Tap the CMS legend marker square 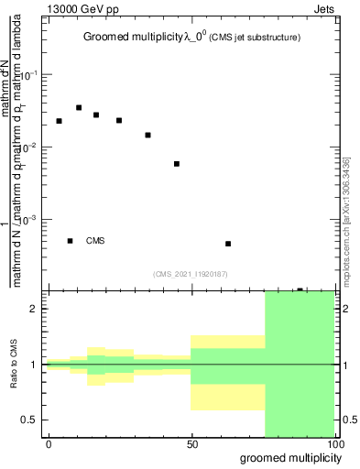point(70,241)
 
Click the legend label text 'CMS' point(95,241)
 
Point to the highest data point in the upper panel point(79,108)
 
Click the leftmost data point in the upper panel point(59,121)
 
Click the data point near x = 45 point(176,164)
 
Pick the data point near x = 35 point(147,135)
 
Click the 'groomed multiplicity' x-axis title point(286,456)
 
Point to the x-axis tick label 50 point(191,443)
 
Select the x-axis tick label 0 point(49,443)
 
